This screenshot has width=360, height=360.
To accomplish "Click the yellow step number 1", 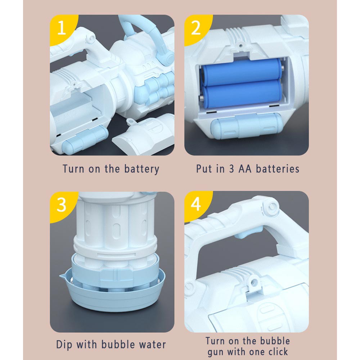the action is [61, 28].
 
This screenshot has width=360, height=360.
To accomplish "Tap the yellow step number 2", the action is [195, 28].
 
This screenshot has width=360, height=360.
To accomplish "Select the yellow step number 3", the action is [61, 204].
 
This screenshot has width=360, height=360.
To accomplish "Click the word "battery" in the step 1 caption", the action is [141, 169].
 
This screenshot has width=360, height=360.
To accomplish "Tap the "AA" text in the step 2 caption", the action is [245, 169].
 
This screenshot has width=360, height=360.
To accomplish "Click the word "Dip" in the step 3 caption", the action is [64, 345].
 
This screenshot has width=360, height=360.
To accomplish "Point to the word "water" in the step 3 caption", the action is [152, 345].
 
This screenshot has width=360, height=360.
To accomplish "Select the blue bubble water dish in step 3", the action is [112, 289].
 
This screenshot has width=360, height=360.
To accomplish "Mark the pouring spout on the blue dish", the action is [63, 275].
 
